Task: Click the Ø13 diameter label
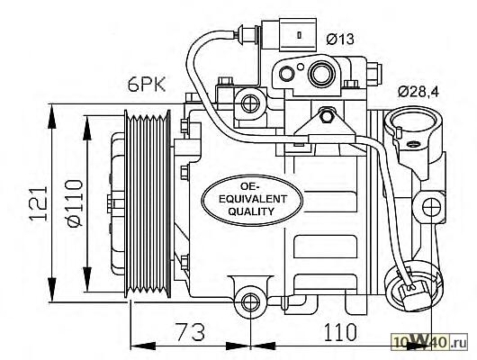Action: coord(340,39)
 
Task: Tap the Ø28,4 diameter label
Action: coord(418,91)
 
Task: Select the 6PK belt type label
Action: coord(147,84)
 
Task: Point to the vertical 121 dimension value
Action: coord(39,203)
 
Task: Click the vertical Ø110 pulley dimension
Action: coord(75,203)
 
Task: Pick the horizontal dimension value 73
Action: coord(191,332)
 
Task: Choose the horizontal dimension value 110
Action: coord(340,332)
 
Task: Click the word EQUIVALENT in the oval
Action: coord(253,199)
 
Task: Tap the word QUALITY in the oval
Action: coord(251,211)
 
